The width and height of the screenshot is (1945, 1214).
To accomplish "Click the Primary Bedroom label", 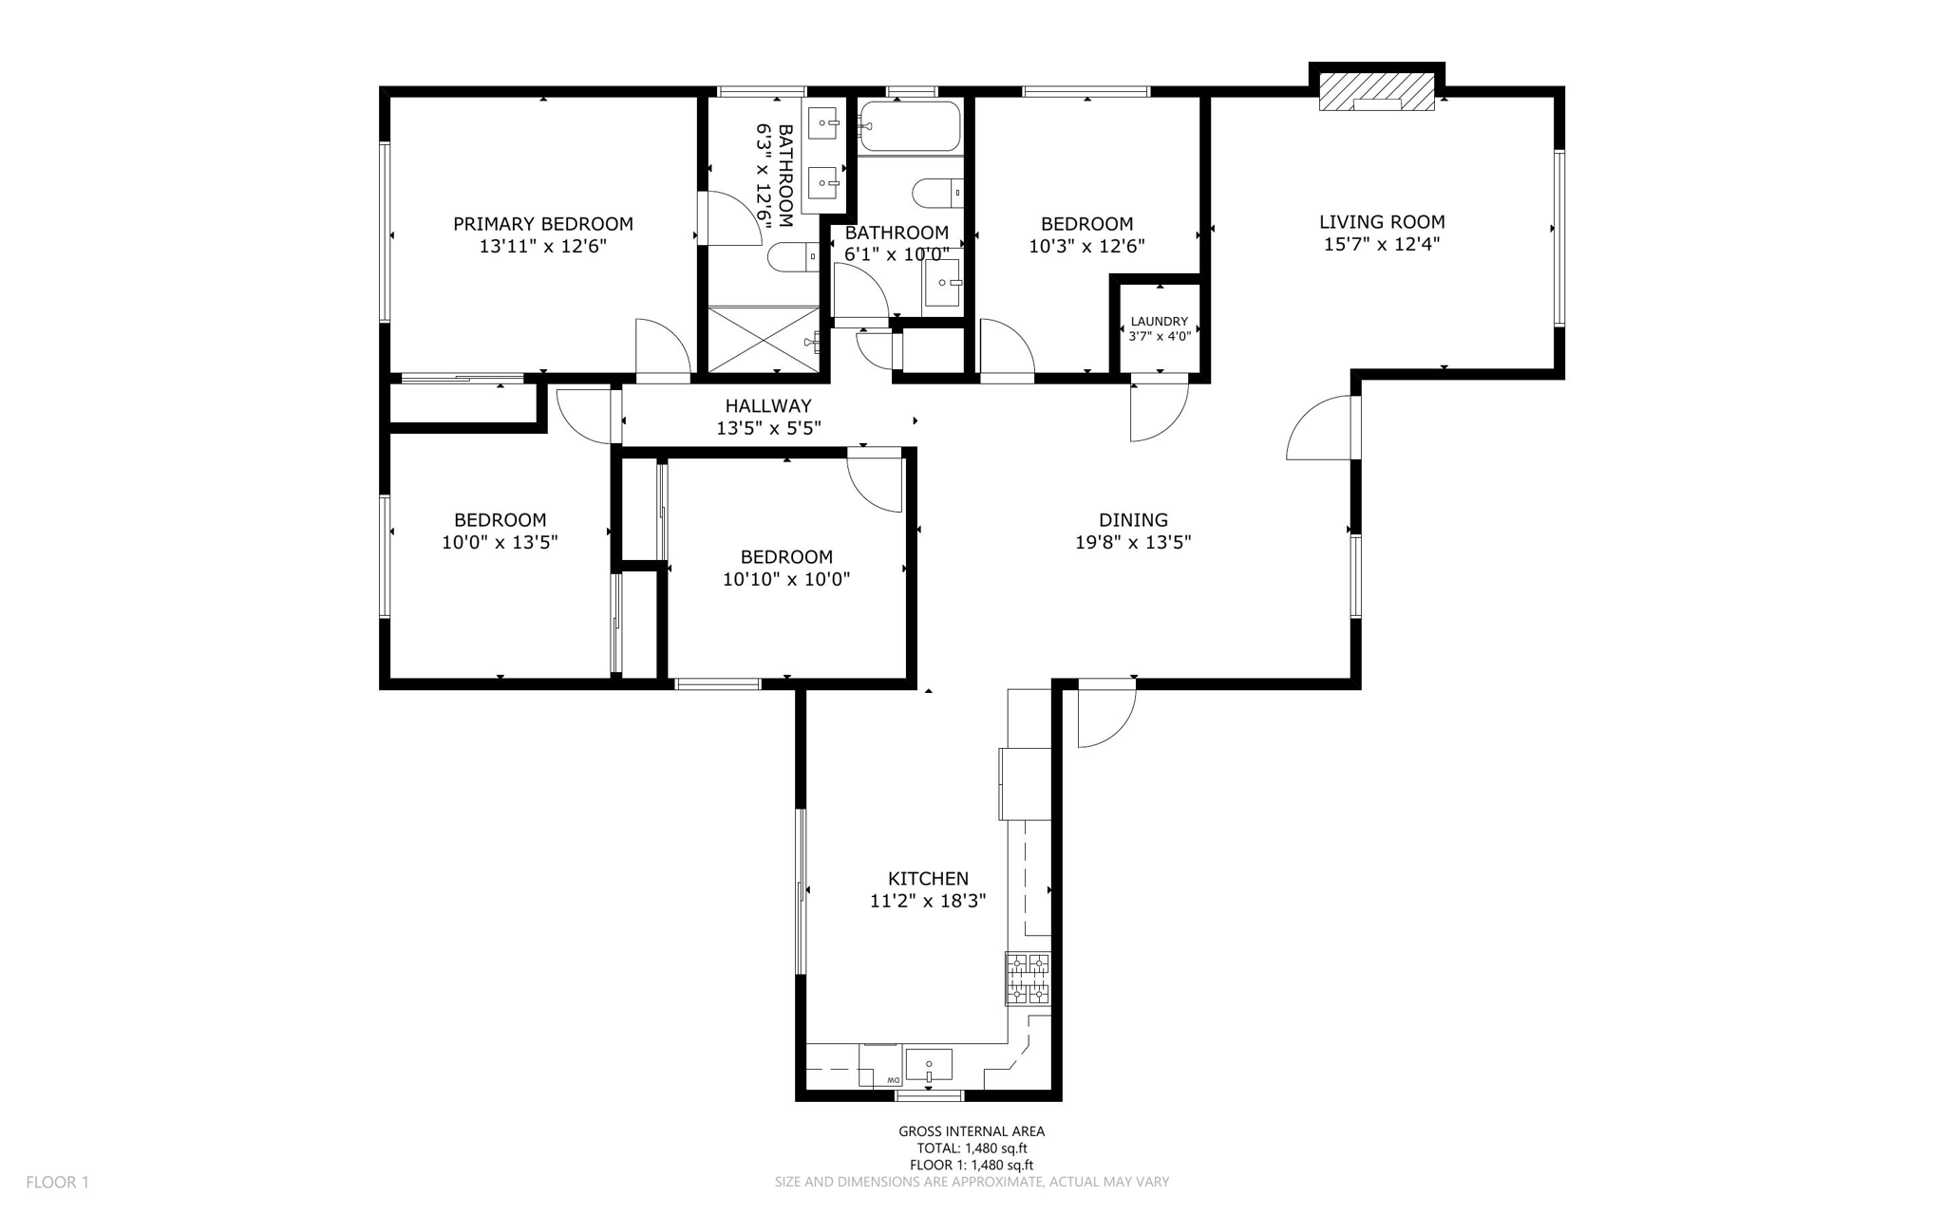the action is (542, 224).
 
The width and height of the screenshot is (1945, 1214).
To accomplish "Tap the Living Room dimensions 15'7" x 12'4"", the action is (1382, 244).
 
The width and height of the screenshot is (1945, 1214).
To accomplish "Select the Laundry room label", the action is (1159, 322).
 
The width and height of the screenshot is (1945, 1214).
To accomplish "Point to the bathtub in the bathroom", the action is (909, 125).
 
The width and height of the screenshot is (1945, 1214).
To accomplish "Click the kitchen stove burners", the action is (1029, 979).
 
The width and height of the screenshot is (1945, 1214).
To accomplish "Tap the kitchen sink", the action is (928, 1065).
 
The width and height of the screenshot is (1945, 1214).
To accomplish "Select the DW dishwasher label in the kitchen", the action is (893, 1081).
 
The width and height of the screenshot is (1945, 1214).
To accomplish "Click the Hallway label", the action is (768, 406).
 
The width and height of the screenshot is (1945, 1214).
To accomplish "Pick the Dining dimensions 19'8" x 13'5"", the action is (1133, 542).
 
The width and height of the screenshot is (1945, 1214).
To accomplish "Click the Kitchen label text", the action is (928, 879).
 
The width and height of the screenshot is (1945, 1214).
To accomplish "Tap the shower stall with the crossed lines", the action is (764, 339).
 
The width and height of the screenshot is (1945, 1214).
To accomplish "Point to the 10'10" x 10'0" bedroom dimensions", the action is (786, 579).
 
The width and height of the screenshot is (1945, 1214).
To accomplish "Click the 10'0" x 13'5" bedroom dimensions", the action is (500, 543).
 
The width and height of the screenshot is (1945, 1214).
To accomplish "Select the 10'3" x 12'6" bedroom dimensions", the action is (1086, 246).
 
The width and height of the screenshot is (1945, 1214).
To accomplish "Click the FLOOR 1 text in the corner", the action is (57, 1182).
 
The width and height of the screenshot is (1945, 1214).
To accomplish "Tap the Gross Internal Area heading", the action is (972, 1130).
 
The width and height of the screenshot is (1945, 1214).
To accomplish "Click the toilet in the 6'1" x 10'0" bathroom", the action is (937, 193).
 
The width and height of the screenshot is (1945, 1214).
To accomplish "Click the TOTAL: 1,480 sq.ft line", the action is (972, 1148).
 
